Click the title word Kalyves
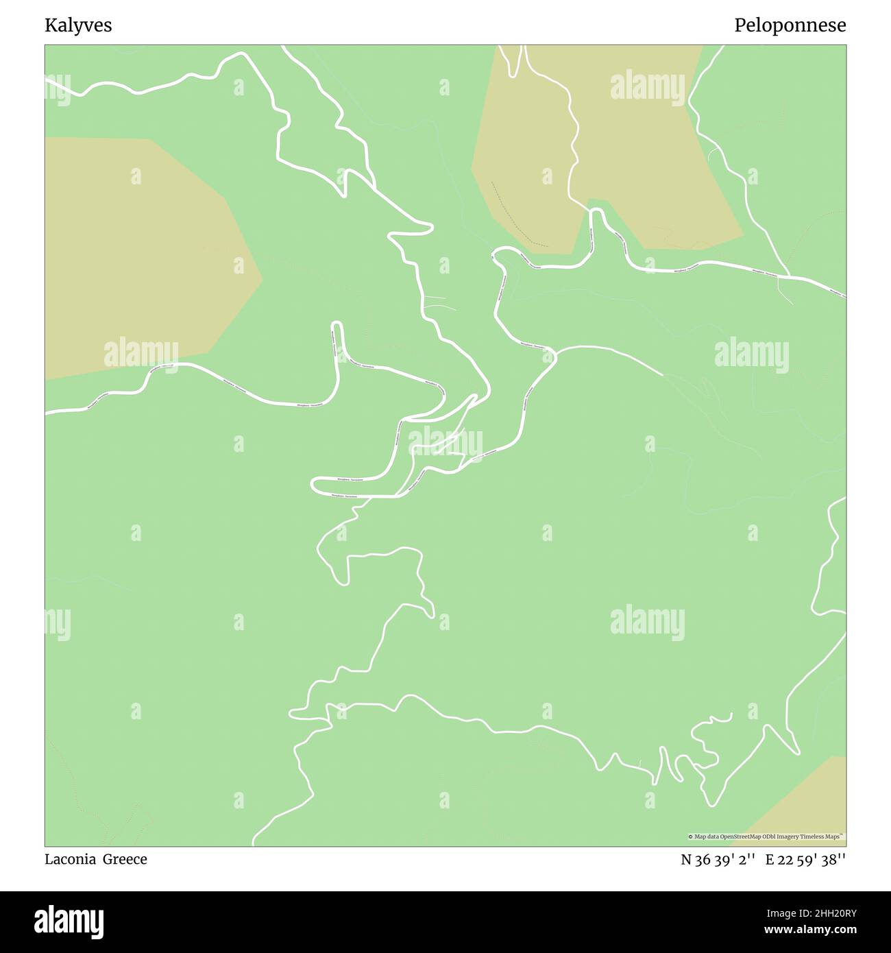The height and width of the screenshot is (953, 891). point(78,26)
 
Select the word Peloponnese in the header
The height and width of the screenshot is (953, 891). point(790,26)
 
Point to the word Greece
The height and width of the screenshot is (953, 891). point(125,859)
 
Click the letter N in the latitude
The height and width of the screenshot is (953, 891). point(686,860)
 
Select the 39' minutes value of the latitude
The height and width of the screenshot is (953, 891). point(723,860)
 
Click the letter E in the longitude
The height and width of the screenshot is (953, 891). point(770,860)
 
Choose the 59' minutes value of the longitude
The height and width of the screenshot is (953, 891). point(806,860)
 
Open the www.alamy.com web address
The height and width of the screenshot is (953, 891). point(811,930)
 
